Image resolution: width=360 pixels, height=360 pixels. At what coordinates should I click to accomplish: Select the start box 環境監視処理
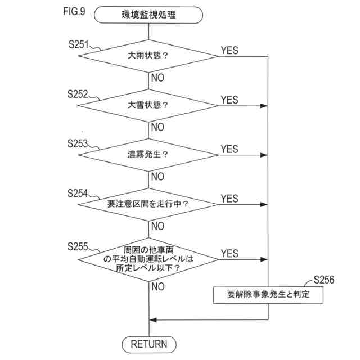point(148,15)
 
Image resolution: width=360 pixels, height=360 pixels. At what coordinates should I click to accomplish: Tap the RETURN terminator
point(148,344)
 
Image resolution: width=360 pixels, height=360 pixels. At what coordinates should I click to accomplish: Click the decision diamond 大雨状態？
point(148,56)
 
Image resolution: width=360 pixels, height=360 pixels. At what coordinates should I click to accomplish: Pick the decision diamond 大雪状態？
point(148,105)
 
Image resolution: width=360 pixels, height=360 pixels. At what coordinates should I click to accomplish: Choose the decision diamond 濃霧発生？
point(148,155)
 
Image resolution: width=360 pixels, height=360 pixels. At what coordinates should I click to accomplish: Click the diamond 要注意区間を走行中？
point(148,204)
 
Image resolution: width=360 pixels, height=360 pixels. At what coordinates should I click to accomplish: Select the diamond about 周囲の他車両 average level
point(148,259)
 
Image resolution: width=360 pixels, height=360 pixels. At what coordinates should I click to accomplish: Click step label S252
point(78,94)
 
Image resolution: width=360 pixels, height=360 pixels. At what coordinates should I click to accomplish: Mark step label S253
point(78,143)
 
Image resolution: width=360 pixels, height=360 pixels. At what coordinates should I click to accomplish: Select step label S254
point(78,193)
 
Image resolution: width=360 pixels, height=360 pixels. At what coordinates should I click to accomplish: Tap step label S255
point(78,246)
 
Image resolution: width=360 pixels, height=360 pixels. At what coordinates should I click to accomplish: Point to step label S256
point(325,279)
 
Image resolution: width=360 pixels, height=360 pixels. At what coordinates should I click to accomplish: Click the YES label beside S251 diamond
point(229,50)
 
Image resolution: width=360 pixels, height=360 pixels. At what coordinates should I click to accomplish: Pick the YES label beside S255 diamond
point(229,253)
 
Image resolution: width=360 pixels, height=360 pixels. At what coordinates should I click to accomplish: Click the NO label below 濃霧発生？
point(157,177)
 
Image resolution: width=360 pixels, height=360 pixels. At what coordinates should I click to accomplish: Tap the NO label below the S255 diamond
point(157,287)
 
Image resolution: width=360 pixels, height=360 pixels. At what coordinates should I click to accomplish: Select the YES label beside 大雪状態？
point(229,100)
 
